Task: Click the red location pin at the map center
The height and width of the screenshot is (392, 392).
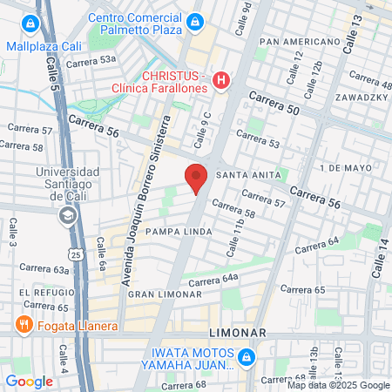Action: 196,178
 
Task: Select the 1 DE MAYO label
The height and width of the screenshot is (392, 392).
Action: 347,166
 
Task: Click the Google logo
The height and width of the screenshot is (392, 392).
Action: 29,381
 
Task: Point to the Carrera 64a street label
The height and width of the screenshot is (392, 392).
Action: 212,279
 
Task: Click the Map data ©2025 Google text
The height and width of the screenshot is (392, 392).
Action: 339,385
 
